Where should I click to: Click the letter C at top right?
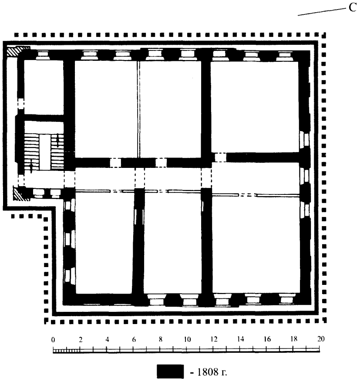tap(352, 8)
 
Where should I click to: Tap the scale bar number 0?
tap(53, 340)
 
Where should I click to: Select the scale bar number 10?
tap(187, 339)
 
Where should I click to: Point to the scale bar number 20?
tap(321, 339)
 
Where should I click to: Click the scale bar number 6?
tap(134, 339)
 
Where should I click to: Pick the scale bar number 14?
tap(240, 339)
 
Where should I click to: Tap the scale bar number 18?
tap(294, 339)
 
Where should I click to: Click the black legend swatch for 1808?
tap(170, 371)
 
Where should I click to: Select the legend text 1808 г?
tap(212, 372)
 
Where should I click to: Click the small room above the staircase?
tap(44, 87)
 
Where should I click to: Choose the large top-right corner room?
tap(254, 107)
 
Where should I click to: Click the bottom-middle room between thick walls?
tap(172, 243)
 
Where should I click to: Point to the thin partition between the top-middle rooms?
tap(138, 109)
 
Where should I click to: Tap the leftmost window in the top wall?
tap(43, 55)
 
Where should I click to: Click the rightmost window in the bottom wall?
tap(287, 299)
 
